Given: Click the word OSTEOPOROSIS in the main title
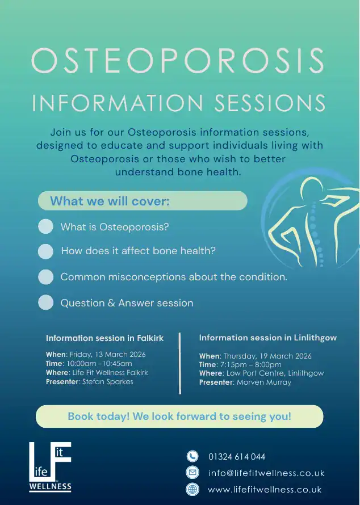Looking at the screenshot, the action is tap(178, 61).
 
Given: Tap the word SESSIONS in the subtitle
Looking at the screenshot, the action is tap(270, 103).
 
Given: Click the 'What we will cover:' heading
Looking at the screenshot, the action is tap(110, 201).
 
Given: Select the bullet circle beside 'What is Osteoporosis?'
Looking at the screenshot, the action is tap(45, 226).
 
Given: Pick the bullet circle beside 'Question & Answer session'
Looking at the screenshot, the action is tap(45, 302).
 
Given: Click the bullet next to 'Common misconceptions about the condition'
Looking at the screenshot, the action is tap(45, 277).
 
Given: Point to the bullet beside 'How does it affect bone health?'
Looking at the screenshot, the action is tap(45, 251).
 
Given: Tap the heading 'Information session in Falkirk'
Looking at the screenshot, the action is tap(104, 338).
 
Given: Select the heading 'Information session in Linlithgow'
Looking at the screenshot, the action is tap(268, 338).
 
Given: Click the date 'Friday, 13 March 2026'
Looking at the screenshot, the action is tap(108, 355).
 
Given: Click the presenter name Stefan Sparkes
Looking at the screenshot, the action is tap(108, 382).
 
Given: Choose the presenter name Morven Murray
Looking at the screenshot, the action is tap(264, 382).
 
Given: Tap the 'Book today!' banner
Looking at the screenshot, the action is tap(179, 416).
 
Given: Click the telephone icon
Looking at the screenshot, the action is tap(192, 456).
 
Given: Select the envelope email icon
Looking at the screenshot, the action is tap(192, 473).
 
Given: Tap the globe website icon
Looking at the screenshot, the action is tap(192, 489).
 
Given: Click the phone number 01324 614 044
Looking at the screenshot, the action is tap(237, 457).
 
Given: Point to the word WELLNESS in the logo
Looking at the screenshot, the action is tap(51, 486).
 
